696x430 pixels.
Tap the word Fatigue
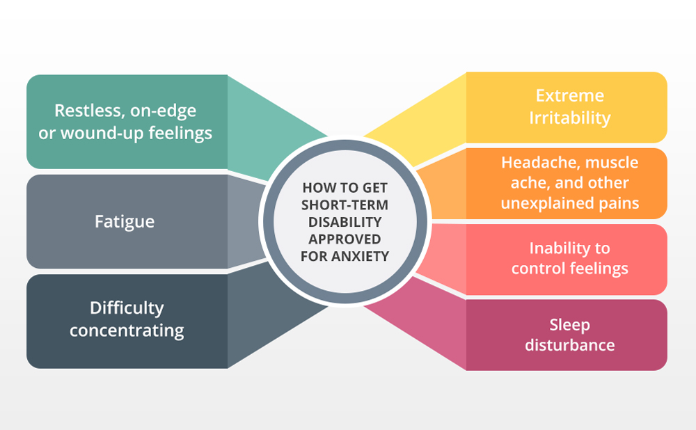tap(125, 221)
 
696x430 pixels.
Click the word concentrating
tap(127, 330)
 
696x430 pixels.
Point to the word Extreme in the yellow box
tap(569, 95)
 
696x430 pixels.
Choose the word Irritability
tap(569, 117)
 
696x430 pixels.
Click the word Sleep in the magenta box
tap(569, 324)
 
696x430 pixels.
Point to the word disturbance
tap(569, 344)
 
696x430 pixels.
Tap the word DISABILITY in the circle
tap(345, 222)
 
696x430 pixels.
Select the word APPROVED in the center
tap(345, 239)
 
